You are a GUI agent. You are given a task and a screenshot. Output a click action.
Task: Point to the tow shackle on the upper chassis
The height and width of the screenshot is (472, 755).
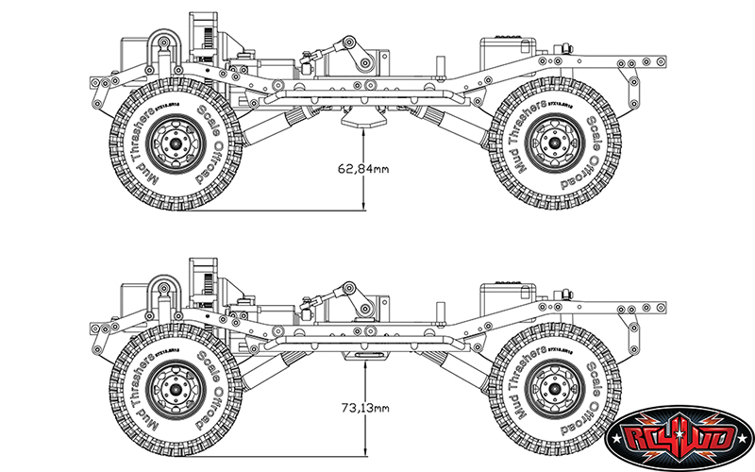[162, 45]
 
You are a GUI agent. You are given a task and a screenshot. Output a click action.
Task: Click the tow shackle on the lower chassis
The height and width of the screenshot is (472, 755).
[162, 288]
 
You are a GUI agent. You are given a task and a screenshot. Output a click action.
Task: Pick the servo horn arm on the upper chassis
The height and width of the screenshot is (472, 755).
[356, 53]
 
